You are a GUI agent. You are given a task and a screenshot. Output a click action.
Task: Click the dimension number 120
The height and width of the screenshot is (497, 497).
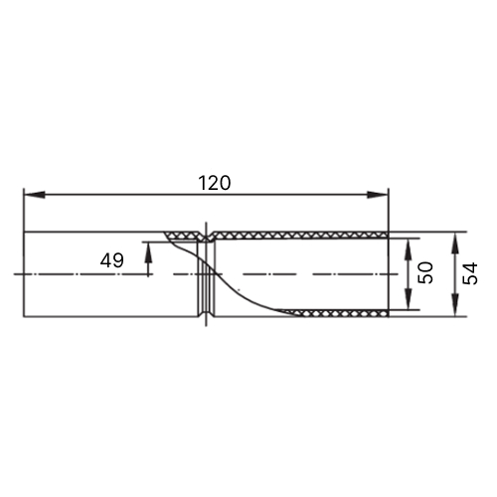coord(214,183)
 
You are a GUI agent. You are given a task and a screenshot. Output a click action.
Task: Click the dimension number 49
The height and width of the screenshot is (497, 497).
coord(112,260)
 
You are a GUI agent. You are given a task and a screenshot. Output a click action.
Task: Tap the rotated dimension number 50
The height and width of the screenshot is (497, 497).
coord(425,272)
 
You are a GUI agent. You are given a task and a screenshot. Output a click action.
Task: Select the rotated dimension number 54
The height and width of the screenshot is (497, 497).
coord(470,273)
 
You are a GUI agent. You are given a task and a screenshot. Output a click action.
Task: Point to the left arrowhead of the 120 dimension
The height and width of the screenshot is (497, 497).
coord(34,195)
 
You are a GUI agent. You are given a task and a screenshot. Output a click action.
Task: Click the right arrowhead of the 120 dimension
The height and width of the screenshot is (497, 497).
coord(377,195)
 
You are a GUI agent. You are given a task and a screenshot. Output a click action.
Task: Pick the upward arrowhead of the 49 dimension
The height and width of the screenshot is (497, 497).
coord(148,252)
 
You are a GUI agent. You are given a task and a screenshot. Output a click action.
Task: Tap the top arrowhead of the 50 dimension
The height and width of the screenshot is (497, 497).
coord(409,248)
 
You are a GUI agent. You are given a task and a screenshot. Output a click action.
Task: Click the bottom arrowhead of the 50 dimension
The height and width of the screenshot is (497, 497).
coord(409,299)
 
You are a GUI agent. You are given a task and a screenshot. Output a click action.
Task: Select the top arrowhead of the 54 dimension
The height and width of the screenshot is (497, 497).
coord(455,243)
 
